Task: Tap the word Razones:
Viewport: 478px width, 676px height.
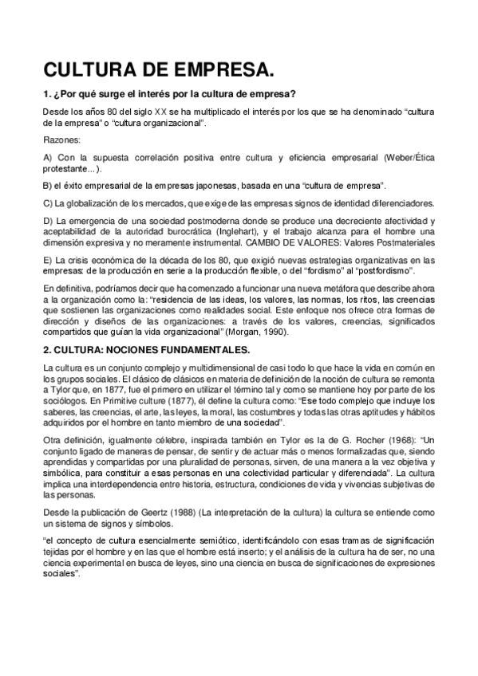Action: click(x=57, y=140)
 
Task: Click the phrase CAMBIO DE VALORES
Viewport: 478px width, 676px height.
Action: click(x=309, y=241)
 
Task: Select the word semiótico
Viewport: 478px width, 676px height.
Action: click(x=205, y=540)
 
